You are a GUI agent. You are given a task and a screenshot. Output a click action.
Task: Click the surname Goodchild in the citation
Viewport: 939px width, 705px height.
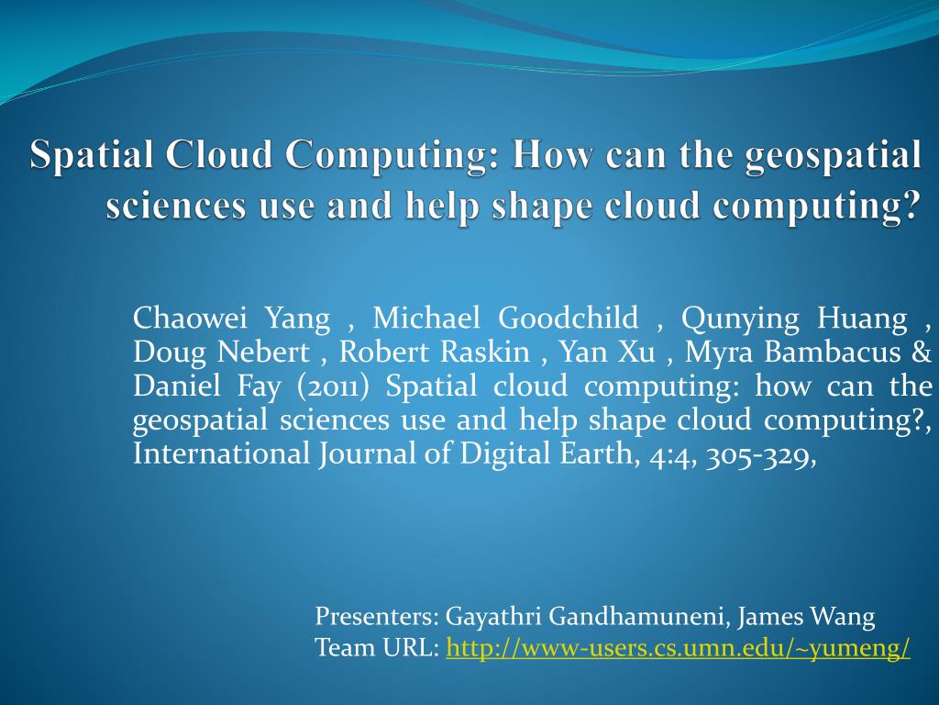(x=569, y=319)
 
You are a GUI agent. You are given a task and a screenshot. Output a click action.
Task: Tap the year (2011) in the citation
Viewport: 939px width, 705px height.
(x=333, y=386)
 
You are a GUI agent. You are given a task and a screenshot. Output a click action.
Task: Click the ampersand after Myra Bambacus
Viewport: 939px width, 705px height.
(x=922, y=352)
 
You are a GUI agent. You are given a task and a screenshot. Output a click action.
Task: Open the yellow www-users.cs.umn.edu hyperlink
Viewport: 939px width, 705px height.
(x=678, y=648)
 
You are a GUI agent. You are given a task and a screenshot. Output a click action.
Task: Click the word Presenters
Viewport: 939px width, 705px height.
(x=376, y=617)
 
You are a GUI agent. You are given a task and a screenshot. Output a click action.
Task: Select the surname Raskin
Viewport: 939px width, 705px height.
(x=500, y=352)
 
